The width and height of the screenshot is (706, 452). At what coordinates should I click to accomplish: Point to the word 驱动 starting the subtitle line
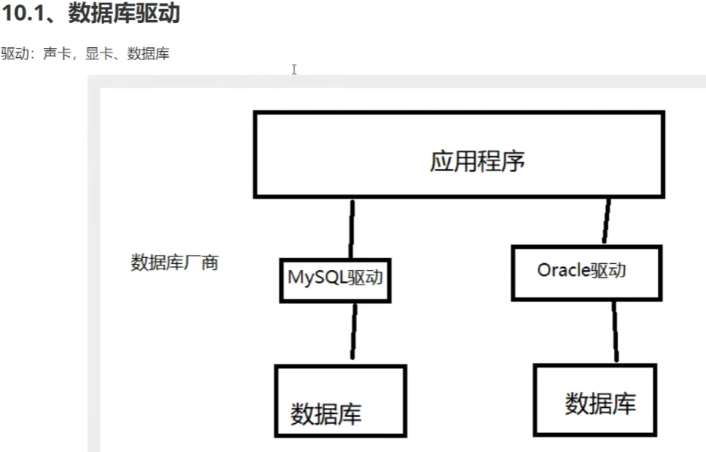point(12,55)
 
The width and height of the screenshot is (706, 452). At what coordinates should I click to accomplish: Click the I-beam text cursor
point(294,69)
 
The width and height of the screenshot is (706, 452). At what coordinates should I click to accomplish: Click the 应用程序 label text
point(476,161)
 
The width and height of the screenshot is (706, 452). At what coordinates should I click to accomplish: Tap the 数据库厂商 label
point(175,263)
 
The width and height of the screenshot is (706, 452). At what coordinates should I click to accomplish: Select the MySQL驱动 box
point(334,279)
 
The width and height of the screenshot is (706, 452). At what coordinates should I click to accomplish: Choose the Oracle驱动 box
point(585,272)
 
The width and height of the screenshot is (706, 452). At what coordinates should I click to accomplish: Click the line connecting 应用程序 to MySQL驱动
point(351,228)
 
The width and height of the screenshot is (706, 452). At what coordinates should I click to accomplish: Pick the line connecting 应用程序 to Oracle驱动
point(606,221)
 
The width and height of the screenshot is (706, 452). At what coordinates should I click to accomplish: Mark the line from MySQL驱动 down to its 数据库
point(353,331)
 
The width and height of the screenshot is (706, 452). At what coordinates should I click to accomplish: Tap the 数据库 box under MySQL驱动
point(340,400)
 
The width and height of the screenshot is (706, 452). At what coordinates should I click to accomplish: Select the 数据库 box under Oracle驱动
point(595,399)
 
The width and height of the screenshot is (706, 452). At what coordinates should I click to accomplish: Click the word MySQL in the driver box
point(315,277)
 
